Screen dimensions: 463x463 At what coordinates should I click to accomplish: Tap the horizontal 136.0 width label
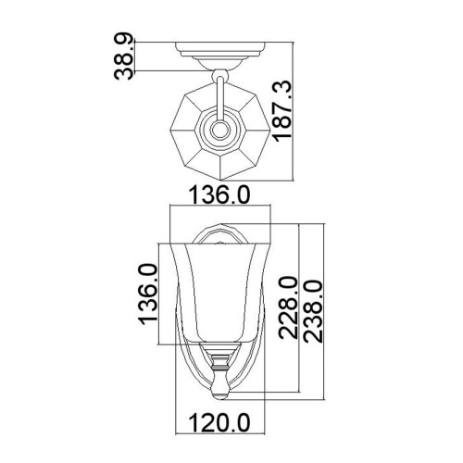coord(219,194)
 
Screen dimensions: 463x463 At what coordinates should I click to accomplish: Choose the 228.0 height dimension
coord(287,310)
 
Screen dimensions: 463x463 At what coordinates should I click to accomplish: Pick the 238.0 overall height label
coord(312,310)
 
